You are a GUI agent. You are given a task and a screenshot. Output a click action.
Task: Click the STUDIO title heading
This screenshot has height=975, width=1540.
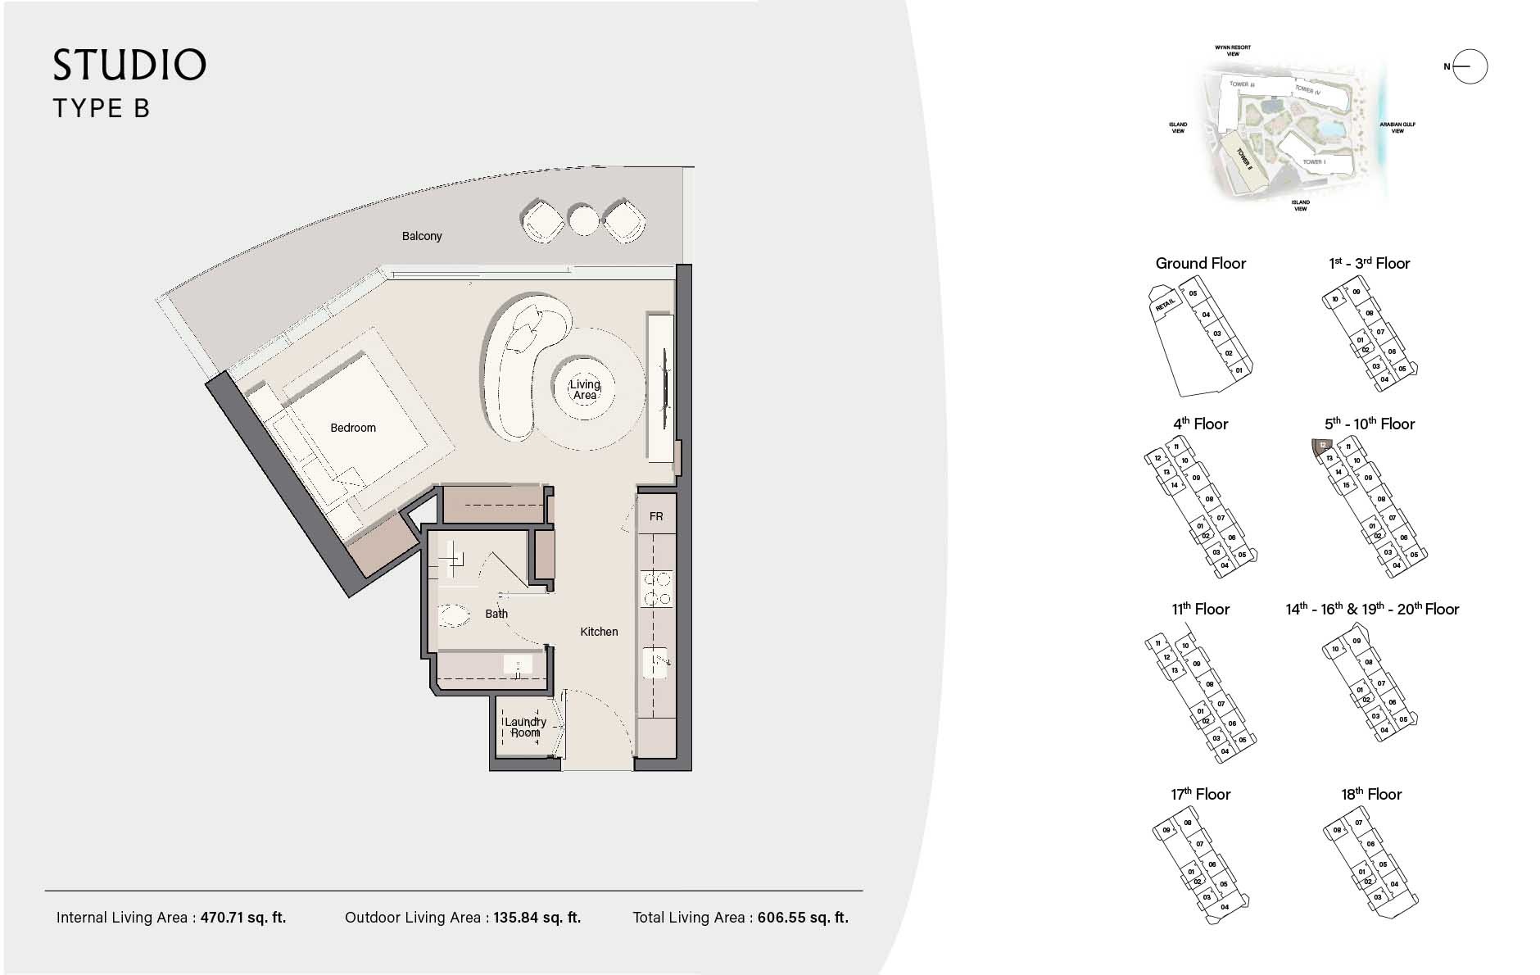tap(129, 66)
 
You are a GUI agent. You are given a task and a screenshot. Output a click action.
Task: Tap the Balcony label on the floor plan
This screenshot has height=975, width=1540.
tap(422, 236)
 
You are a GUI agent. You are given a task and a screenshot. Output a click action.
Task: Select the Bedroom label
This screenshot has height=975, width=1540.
tap(353, 428)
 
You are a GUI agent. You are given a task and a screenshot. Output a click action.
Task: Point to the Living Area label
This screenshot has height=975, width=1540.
tap(585, 390)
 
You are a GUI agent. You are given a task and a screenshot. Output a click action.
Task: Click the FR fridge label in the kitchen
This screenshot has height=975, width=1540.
tap(656, 516)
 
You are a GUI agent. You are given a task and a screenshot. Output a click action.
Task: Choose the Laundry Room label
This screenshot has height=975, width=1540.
tap(525, 727)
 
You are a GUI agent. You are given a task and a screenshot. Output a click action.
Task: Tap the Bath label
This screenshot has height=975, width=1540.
tap(496, 614)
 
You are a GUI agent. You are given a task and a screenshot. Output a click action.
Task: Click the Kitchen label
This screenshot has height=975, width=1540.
tap(599, 632)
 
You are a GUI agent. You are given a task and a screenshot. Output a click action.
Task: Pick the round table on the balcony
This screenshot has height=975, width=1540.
tap(584, 220)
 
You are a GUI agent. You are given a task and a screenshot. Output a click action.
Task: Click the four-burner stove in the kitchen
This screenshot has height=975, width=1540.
tap(655, 588)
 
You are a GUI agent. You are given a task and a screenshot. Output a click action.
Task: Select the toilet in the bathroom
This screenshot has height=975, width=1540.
tap(452, 614)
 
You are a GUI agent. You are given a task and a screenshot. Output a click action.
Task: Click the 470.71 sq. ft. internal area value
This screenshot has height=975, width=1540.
tap(243, 918)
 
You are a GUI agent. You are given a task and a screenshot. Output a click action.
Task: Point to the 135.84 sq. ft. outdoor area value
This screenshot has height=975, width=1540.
tap(537, 918)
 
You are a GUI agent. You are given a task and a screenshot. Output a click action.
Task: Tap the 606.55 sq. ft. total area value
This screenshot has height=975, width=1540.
tap(803, 918)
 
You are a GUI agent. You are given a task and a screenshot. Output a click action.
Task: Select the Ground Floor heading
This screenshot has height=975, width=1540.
tap(1200, 263)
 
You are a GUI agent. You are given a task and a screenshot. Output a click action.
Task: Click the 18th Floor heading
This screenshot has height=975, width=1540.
tap(1370, 794)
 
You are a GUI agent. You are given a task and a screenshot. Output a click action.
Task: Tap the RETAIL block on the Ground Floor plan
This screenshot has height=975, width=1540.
tap(1164, 306)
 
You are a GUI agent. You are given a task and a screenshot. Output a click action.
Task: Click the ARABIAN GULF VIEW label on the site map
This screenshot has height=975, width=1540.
tap(1397, 128)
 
